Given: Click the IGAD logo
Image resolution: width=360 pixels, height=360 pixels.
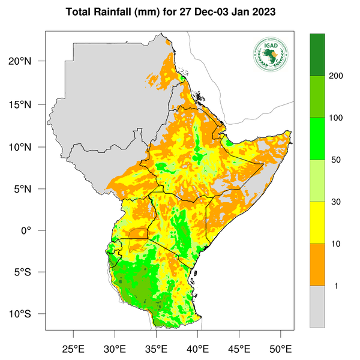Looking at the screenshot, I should point(271,54).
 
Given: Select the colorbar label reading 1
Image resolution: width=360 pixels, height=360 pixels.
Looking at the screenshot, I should point(335,286).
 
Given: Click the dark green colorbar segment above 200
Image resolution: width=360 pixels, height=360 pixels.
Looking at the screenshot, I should point(317,55).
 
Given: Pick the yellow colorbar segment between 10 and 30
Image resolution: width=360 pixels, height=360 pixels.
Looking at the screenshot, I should point(317,223).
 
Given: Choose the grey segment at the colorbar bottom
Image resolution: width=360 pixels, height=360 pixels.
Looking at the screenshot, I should point(317,306).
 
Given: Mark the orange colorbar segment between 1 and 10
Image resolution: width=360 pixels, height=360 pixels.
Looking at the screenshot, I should point(317,265).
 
